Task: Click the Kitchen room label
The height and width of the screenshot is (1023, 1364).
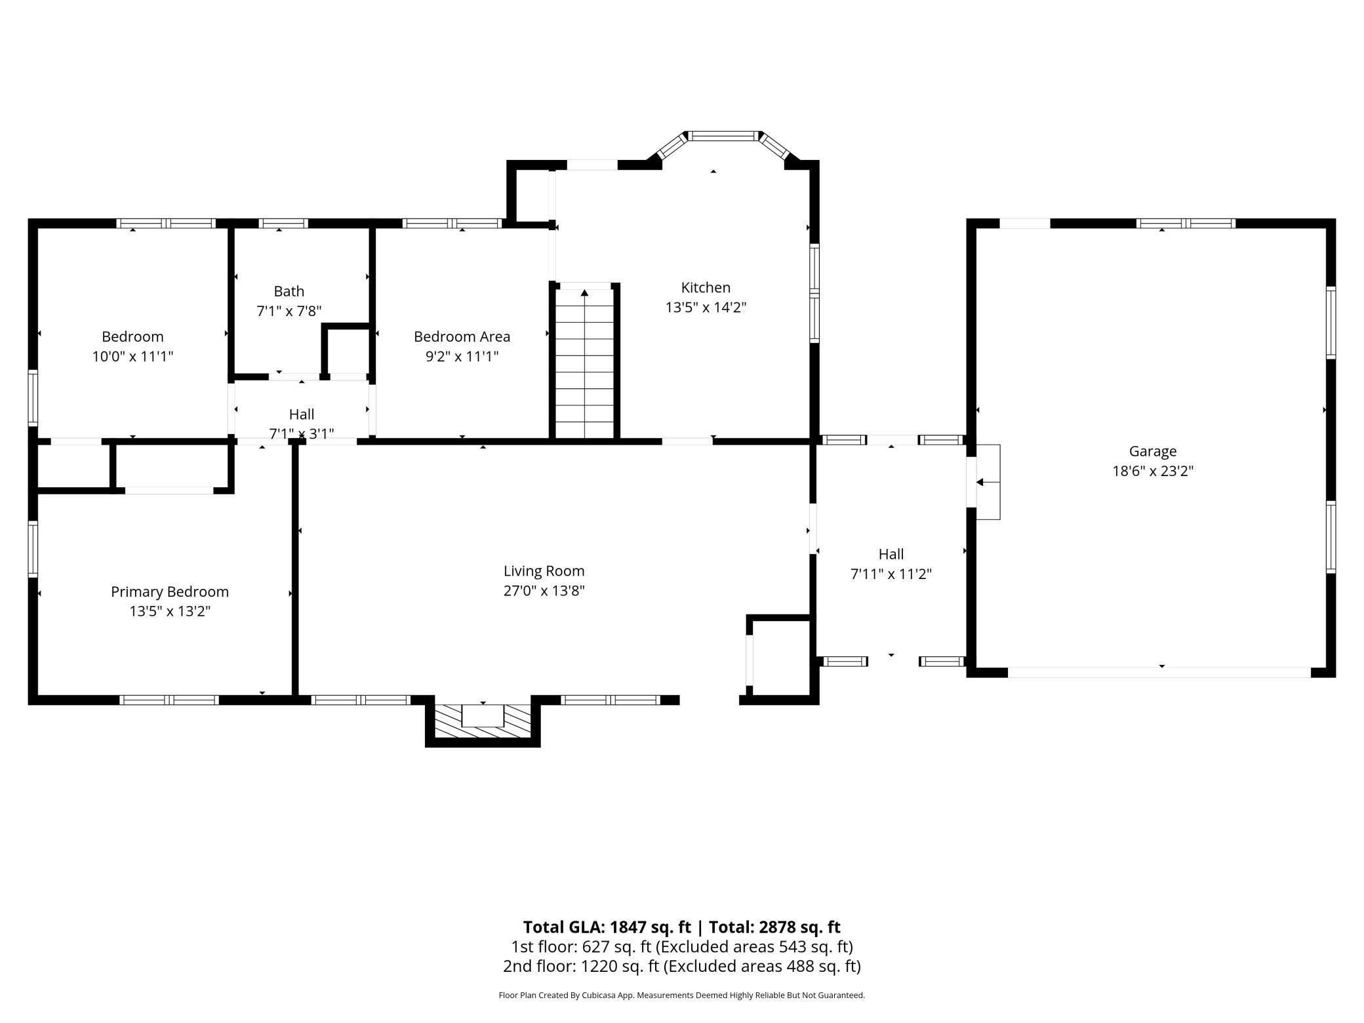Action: coord(706,287)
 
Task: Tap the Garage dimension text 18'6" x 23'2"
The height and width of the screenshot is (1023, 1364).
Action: coord(1153,471)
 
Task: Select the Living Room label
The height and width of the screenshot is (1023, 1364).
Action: coord(544,571)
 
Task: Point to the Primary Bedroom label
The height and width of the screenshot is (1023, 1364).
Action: coord(170,592)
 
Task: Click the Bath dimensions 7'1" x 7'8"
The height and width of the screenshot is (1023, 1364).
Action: coord(289,311)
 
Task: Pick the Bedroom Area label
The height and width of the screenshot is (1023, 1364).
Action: coord(462,336)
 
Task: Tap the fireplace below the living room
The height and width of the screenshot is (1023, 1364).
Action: coord(483,721)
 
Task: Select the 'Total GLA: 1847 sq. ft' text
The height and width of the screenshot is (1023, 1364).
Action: coord(607,927)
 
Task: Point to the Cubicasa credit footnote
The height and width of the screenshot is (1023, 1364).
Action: coord(682,995)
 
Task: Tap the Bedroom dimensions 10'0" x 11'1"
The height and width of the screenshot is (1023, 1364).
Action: coord(132,357)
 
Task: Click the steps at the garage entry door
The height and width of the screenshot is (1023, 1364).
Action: coord(988,482)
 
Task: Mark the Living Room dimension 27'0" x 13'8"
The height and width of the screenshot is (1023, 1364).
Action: coord(544,591)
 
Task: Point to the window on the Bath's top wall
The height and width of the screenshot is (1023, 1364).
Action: coord(283,224)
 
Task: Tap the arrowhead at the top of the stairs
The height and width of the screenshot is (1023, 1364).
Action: coord(584,292)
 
